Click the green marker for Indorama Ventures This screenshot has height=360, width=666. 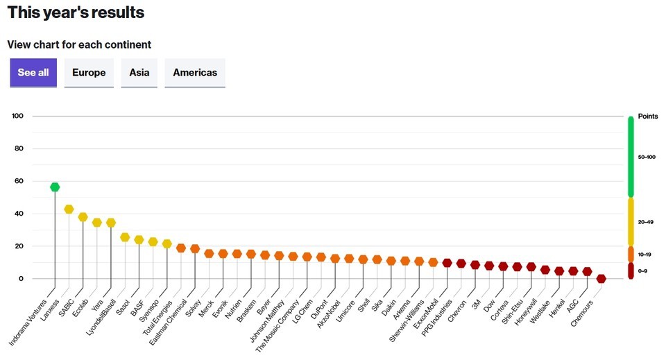[55, 187]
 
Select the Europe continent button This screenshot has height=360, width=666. [89, 73]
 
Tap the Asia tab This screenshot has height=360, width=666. [139, 73]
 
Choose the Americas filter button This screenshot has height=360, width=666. [195, 73]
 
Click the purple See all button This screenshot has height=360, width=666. [33, 73]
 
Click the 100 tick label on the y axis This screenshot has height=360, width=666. [17, 116]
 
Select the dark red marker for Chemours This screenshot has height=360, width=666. [601, 279]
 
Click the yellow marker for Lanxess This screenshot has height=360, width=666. [69, 209]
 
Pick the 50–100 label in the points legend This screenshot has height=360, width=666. [646, 157]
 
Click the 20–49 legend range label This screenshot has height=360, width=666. [646, 222]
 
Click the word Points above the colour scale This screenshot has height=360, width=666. [648, 117]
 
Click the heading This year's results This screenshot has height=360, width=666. [76, 12]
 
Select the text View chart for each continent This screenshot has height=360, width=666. [79, 45]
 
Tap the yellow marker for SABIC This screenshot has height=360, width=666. [83, 217]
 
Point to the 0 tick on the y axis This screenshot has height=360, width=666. [21, 279]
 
